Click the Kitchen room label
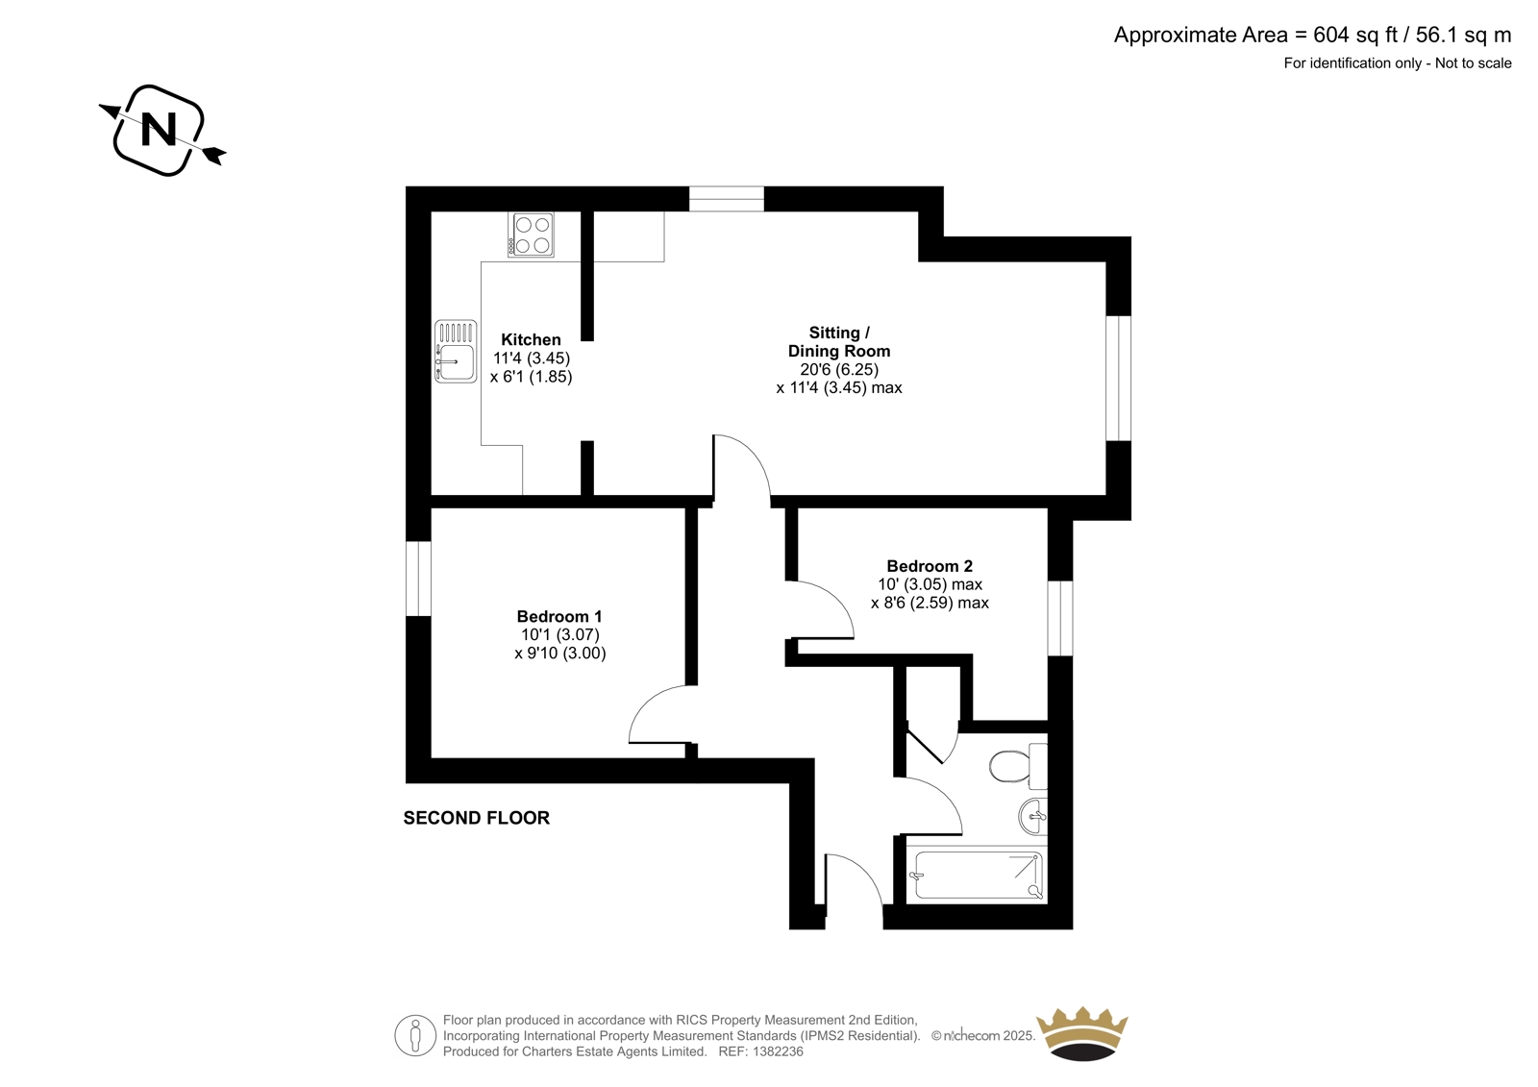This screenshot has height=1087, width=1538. pyautogui.click(x=531, y=340)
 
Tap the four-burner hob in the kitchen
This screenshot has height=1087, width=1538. pyautogui.click(x=531, y=235)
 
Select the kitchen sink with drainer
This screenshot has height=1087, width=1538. pyautogui.click(x=456, y=351)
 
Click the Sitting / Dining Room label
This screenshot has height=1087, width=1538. pyautogui.click(x=839, y=342)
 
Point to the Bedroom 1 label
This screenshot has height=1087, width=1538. pyautogui.click(x=559, y=617)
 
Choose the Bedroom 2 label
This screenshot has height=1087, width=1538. pyautogui.click(x=930, y=566)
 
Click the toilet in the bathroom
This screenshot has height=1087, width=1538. pyautogui.click(x=1018, y=766)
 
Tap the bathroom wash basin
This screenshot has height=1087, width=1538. pyautogui.click(x=1033, y=817)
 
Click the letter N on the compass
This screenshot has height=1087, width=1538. pyautogui.click(x=159, y=129)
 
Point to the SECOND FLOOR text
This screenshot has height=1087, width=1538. pyautogui.click(x=477, y=818)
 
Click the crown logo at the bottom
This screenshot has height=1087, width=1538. pyautogui.click(x=1082, y=1033)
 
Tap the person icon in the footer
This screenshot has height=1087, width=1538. pyautogui.click(x=415, y=1035)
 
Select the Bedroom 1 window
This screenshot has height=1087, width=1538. pyautogui.click(x=418, y=579)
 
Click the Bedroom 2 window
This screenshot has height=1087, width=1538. pyautogui.click(x=1060, y=618)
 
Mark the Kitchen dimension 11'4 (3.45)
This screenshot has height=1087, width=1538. pyautogui.click(x=532, y=358)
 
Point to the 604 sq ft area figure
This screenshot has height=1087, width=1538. pyautogui.click(x=1355, y=35)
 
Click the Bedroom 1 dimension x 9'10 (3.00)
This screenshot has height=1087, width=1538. pyautogui.click(x=560, y=653)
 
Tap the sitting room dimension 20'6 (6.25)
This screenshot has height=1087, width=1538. pyautogui.click(x=839, y=369)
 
